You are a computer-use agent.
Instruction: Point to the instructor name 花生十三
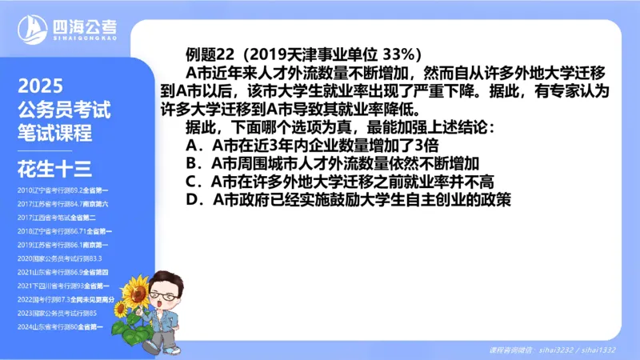[x=54, y=167]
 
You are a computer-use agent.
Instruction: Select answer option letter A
[x=191, y=145]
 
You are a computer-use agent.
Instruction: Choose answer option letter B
[x=191, y=163]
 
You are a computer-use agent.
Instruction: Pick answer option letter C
[x=191, y=182]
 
